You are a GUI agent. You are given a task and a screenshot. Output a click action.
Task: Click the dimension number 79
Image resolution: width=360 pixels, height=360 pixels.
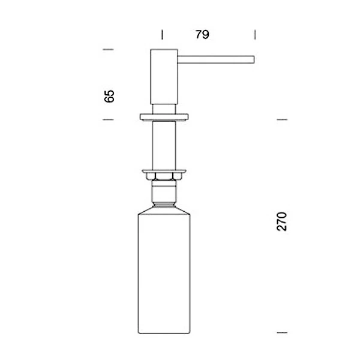pyautogui.click(x=202, y=34)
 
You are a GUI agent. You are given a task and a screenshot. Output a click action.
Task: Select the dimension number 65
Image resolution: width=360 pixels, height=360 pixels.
pyautogui.click(x=109, y=96)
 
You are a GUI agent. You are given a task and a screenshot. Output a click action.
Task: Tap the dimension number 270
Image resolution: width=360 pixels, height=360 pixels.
pyautogui.click(x=282, y=221)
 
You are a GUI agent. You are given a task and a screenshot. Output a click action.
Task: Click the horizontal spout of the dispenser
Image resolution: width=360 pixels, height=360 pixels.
pyautogui.click(x=216, y=59)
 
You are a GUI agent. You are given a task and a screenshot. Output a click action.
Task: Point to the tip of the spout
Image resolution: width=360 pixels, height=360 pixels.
pyautogui.click(x=254, y=59)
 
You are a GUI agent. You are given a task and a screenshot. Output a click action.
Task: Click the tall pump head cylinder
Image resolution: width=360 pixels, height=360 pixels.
pyautogui.click(x=164, y=77)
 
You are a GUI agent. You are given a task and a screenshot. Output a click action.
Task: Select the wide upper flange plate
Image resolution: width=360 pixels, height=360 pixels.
pyautogui.click(x=164, y=117)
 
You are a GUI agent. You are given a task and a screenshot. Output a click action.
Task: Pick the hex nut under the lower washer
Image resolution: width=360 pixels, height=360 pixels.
pyautogui.click(x=164, y=176)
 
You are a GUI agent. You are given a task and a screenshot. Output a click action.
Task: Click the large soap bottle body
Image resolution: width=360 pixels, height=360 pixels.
pyautogui.click(x=164, y=274)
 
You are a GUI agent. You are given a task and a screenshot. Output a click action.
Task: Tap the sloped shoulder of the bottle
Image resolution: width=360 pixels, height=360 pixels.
pyautogui.click(x=164, y=211)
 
